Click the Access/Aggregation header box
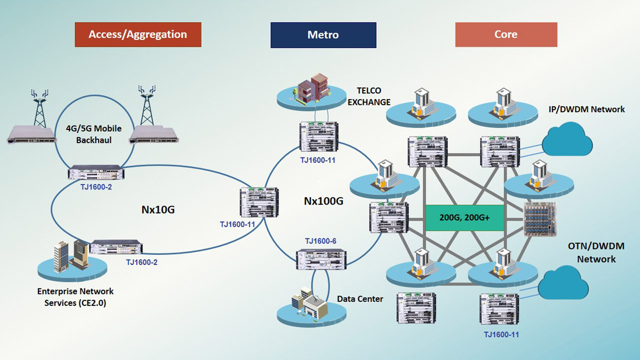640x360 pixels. (138, 34)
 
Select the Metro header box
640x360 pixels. (323, 35)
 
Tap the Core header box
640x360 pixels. (506, 34)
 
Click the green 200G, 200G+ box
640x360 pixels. (464, 218)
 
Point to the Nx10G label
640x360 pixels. (157, 209)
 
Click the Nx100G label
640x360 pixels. (323, 201)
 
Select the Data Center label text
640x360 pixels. (360, 299)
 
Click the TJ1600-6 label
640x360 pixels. (320, 241)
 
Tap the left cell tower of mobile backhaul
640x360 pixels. (40, 107)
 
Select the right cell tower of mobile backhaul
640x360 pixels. (146, 107)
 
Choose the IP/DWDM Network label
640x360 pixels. (586, 109)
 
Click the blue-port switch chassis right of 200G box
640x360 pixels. (540, 218)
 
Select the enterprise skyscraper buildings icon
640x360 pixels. (69, 255)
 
